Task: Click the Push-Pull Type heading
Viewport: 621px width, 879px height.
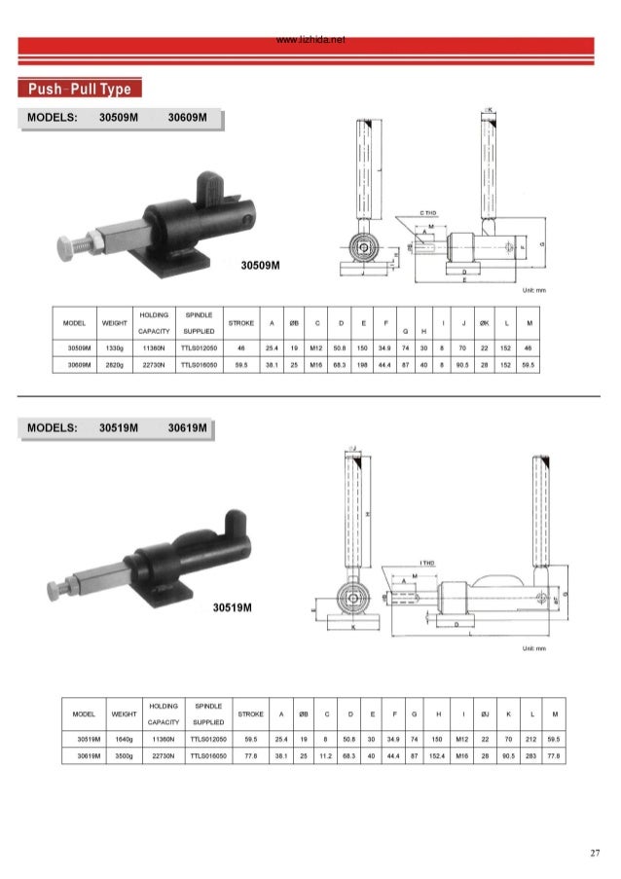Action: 82,91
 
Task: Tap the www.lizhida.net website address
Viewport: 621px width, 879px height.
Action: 310,41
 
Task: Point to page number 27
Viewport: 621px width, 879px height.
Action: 594,854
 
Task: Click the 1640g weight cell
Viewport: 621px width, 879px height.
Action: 124,738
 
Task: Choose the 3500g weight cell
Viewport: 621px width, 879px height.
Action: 124,753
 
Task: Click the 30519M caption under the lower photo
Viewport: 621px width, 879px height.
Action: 233,608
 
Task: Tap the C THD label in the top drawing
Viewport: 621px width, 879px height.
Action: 427,212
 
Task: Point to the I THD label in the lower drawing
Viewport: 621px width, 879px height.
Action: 426,564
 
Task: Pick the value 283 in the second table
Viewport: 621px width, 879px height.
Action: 532,753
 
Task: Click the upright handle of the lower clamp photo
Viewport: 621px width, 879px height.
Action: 234,522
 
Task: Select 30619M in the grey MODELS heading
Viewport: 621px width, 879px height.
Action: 188,427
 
